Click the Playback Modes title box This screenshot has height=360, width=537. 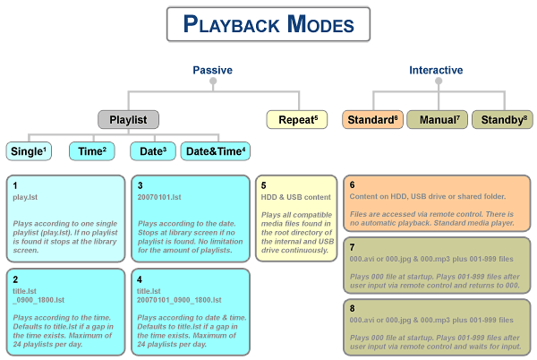point(268,24)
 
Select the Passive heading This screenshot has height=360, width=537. point(213,70)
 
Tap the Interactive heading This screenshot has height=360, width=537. point(436,70)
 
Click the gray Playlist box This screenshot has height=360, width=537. point(128,119)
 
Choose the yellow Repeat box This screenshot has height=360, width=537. point(297,119)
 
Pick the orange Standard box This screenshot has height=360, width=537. point(372,119)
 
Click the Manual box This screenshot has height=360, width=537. point(438,119)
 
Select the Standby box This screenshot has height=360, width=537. point(502,119)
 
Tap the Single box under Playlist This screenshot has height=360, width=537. point(29,151)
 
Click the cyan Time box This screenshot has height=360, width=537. point(92,151)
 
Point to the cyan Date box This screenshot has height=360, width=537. point(153,151)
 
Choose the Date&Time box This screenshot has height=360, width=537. point(216,151)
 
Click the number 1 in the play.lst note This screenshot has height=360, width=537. point(15,185)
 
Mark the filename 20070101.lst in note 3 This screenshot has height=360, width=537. point(159,197)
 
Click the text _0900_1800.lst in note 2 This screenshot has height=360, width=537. point(38,300)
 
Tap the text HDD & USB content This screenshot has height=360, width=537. point(296,197)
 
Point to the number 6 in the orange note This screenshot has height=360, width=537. point(352,185)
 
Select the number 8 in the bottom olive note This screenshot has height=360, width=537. point(352,309)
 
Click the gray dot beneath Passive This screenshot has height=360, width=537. point(213,81)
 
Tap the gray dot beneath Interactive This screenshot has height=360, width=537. point(439,81)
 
